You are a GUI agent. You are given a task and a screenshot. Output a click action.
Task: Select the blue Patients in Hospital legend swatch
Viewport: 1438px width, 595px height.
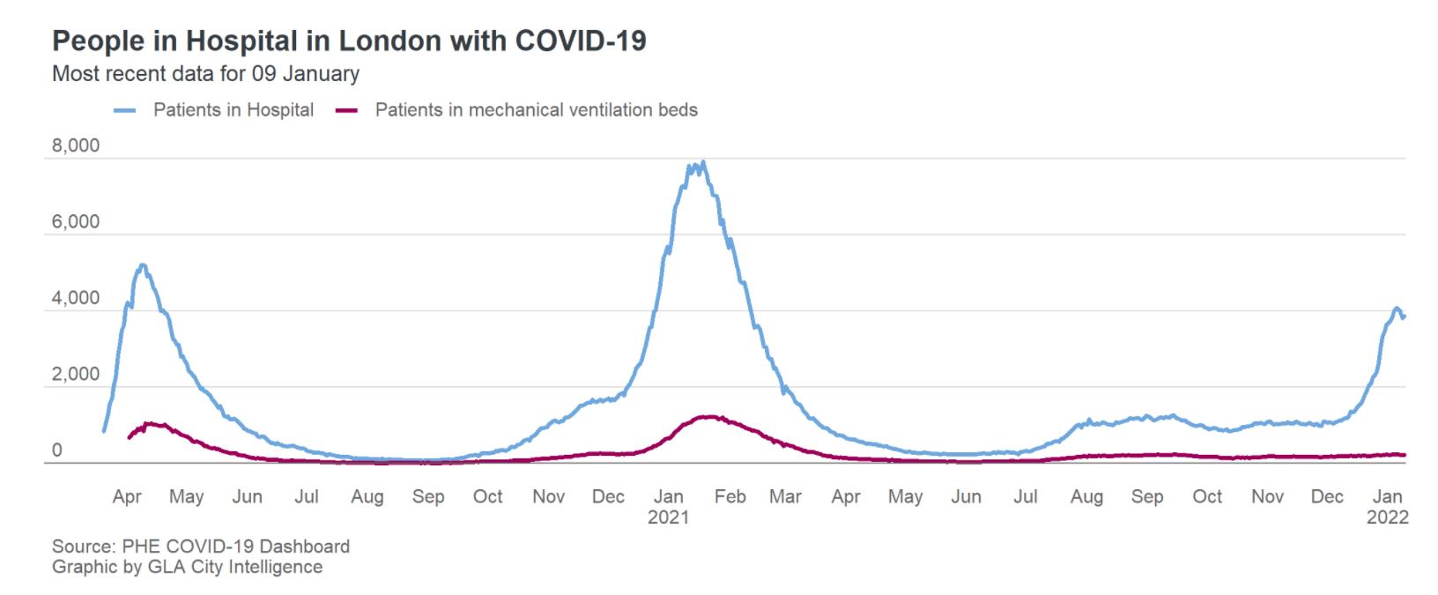pos(125,111)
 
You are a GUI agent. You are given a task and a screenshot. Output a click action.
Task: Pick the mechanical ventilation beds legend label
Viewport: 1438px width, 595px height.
pos(536,110)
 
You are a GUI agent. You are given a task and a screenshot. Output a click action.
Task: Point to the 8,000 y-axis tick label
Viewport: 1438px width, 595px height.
pos(76,145)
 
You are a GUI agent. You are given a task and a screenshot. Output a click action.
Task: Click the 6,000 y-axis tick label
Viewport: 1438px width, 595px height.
pos(76,222)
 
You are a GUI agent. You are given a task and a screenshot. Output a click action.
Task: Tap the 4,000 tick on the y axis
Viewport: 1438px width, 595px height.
pos(76,299)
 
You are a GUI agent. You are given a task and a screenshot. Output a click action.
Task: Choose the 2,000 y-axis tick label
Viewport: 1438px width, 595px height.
pos(76,375)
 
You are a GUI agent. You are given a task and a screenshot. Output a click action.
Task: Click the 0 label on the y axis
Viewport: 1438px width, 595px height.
pos(57,450)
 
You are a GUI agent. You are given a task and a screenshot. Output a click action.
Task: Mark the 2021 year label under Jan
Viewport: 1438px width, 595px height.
pos(668,518)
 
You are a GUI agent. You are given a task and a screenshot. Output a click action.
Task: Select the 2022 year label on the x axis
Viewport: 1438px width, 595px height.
pos(1387,518)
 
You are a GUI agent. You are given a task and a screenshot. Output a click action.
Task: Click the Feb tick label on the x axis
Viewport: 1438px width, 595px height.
pos(730,497)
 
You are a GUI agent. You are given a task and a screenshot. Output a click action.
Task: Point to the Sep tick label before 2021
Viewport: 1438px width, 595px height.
pos(428,497)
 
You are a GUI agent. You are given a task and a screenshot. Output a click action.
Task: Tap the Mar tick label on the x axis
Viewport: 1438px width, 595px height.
pos(785,497)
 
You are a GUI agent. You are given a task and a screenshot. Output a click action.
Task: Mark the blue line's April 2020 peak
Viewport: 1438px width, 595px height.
pos(142,264)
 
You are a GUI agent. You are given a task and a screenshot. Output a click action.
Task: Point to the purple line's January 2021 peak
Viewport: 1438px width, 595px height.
pos(708,416)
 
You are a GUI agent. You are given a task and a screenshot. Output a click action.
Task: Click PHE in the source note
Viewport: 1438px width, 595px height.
pos(139,547)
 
